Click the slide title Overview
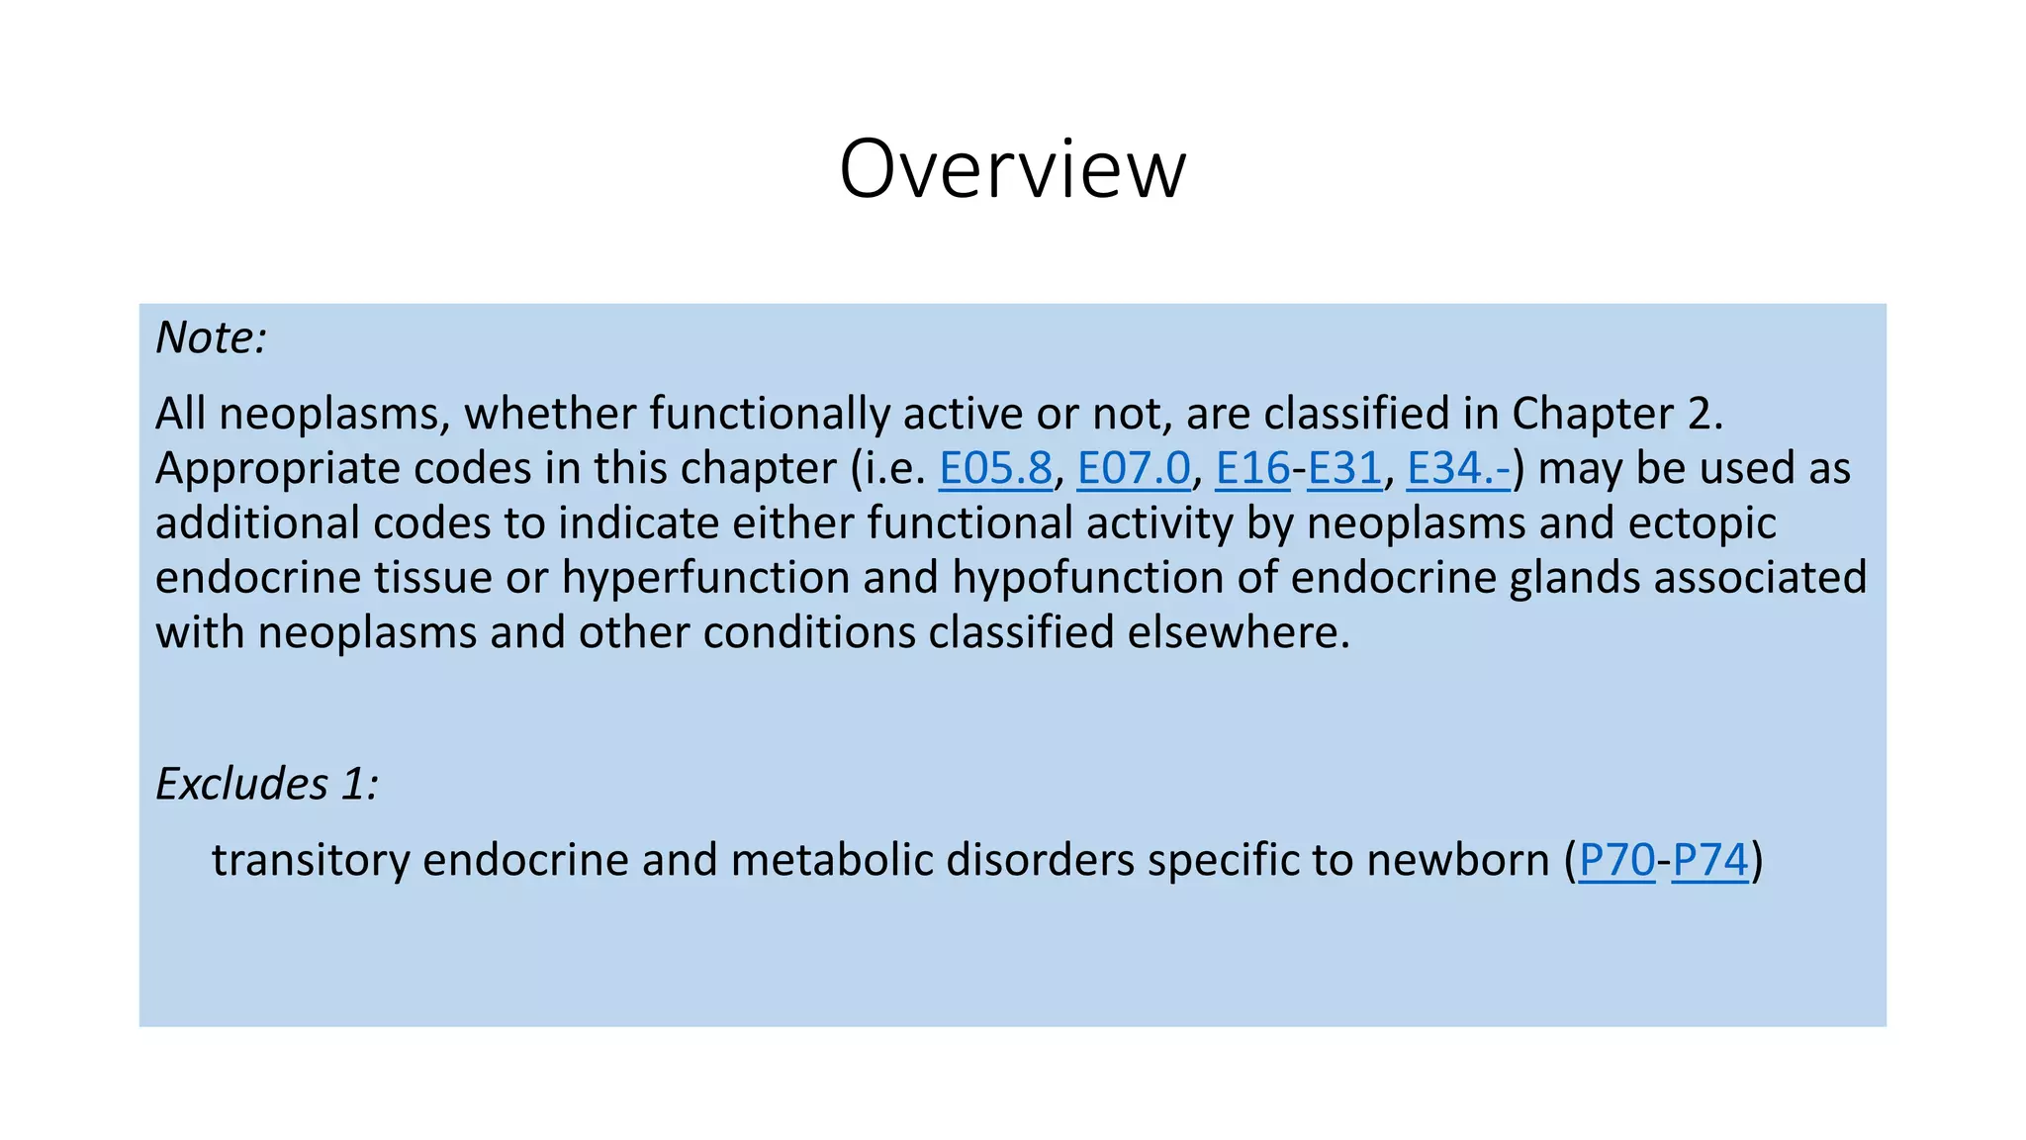(x=1012, y=169)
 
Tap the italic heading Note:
(x=211, y=338)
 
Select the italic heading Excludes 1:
(x=267, y=784)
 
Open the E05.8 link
(x=995, y=469)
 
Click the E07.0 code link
(x=1134, y=469)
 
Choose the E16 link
(x=1252, y=469)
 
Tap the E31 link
(x=1344, y=469)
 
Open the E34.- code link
(x=1458, y=469)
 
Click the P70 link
(x=1617, y=860)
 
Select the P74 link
(x=1710, y=860)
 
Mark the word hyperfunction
(x=705, y=578)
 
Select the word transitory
(x=311, y=860)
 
